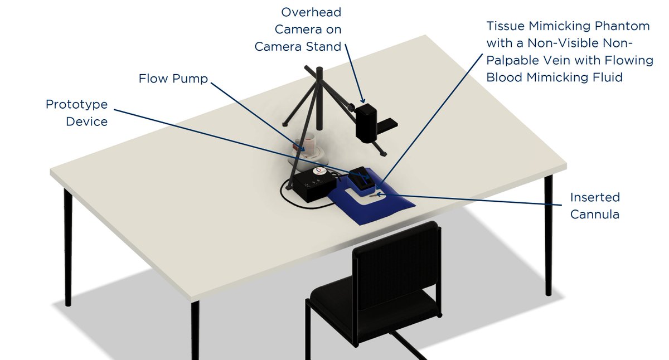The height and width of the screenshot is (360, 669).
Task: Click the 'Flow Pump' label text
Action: (173, 79)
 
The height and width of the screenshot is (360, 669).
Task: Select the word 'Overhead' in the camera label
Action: (311, 12)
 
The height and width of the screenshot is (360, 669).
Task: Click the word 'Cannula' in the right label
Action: (594, 214)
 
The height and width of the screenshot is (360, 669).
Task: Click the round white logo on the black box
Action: (319, 171)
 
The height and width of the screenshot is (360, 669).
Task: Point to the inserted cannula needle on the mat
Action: (379, 195)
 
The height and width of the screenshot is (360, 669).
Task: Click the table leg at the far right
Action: (549, 234)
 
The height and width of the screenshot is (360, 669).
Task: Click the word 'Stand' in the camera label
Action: (324, 47)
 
